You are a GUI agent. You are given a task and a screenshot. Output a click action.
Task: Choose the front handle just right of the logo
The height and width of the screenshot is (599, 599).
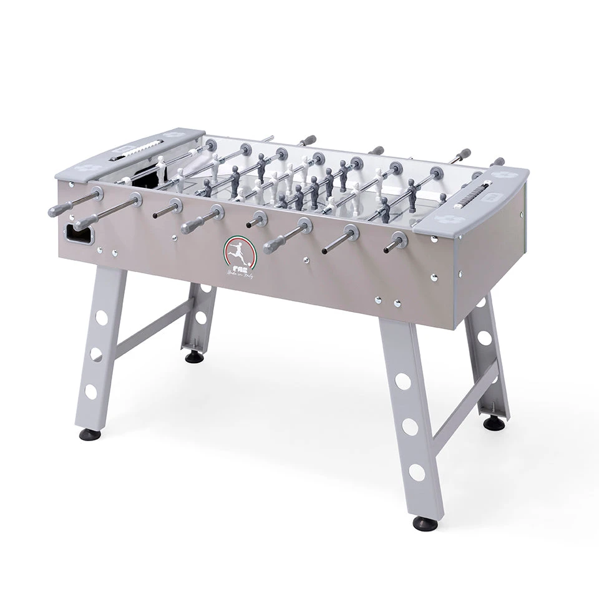point(277,241)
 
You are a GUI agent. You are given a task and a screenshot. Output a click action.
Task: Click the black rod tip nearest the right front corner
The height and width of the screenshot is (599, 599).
point(387,248)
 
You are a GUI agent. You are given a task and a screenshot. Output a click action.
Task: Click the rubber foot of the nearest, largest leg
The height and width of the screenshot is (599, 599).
point(424,524)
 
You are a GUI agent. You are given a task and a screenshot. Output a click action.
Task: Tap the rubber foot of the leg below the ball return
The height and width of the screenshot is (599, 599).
point(87,434)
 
